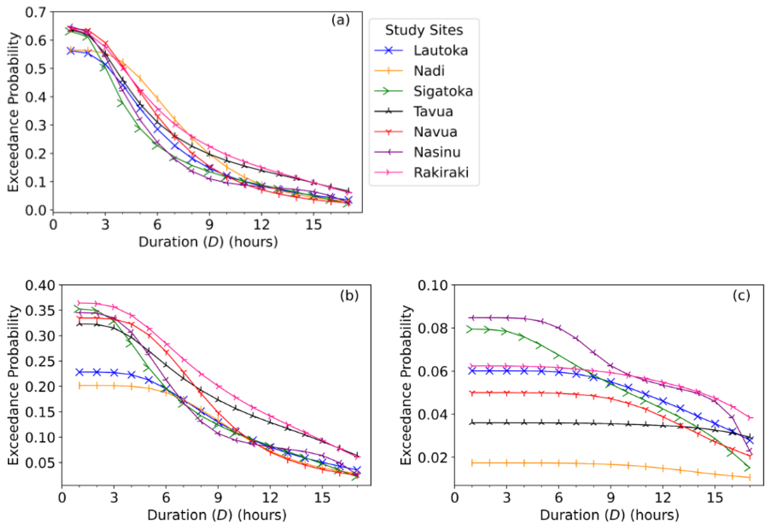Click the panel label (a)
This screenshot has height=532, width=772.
click(x=340, y=21)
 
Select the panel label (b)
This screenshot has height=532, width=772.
click(x=349, y=295)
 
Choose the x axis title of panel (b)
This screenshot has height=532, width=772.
click(x=217, y=515)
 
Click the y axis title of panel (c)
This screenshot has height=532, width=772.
click(x=406, y=385)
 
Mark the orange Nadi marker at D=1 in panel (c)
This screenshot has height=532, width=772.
click(x=472, y=463)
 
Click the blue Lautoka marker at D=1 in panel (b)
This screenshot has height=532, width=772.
click(x=79, y=372)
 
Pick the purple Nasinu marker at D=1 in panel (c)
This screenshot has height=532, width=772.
click(x=472, y=318)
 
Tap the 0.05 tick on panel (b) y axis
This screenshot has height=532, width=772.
click(x=40, y=463)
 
